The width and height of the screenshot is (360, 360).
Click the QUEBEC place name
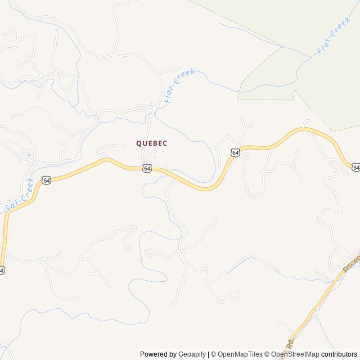click(x=151, y=143)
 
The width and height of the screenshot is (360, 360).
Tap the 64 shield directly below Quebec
click(x=147, y=168)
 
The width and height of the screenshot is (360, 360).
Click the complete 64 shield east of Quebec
click(x=235, y=152)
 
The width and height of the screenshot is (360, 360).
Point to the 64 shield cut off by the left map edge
click(x=2, y=271)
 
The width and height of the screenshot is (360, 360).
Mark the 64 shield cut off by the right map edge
click(x=356, y=167)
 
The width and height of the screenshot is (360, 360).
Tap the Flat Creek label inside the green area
click(x=334, y=35)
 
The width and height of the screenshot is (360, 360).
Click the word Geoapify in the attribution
click(x=192, y=354)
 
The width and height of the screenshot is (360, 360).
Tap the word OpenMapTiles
click(x=240, y=354)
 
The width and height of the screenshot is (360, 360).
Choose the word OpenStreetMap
click(x=295, y=354)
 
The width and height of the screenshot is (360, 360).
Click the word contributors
click(x=339, y=354)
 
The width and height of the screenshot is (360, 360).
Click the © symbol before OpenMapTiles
click(x=214, y=354)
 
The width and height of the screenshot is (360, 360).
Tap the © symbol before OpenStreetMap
click(x=268, y=354)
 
